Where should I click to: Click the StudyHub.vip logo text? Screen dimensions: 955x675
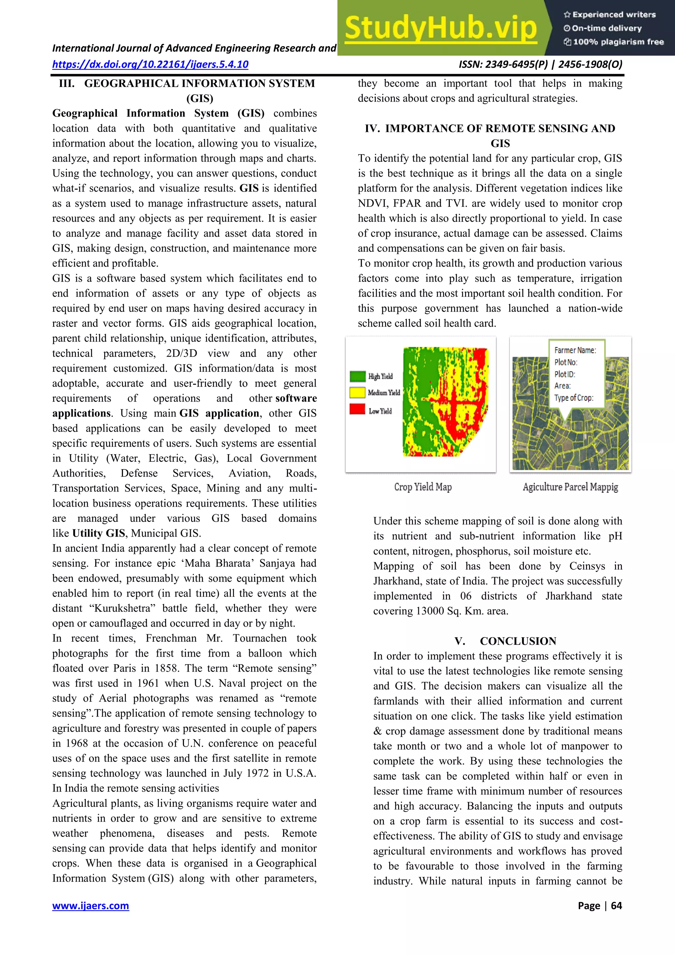(441, 28)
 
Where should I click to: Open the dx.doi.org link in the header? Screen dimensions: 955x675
(150, 65)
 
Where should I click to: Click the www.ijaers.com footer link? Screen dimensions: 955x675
(90, 906)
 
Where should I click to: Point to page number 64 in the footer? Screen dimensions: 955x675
(616, 906)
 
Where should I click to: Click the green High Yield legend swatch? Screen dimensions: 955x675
(357, 376)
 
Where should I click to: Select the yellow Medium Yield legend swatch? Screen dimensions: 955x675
(357, 392)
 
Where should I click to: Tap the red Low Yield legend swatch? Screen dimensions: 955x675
(357, 409)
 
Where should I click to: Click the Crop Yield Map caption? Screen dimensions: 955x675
(423, 487)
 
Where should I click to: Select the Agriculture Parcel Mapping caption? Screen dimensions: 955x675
(570, 487)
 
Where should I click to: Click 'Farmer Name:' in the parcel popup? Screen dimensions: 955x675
(575, 350)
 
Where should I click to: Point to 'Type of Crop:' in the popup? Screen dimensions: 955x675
(573, 398)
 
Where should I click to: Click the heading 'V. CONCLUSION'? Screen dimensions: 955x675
(505, 641)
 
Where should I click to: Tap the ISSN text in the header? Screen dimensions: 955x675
(540, 65)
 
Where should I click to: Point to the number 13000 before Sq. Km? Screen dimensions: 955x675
(430, 611)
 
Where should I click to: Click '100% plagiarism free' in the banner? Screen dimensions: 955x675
(618, 42)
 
